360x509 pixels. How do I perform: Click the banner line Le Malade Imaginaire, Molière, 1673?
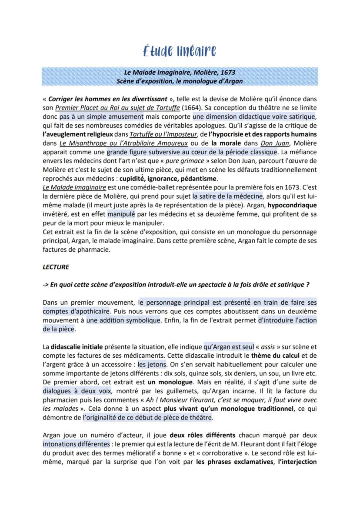click(x=180, y=72)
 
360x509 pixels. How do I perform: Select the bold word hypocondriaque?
click(x=292, y=205)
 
